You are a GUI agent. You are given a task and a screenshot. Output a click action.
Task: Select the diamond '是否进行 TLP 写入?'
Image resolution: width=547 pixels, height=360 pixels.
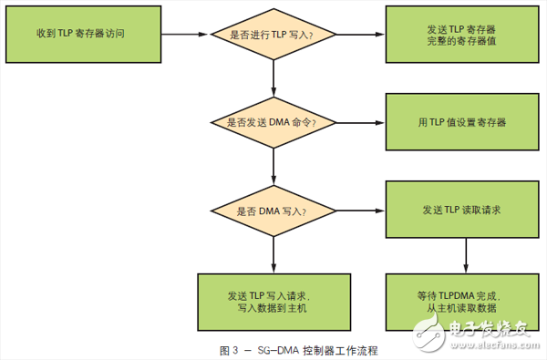tap(273, 36)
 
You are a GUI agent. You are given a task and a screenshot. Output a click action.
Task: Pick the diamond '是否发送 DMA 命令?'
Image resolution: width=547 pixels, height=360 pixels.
tap(273, 122)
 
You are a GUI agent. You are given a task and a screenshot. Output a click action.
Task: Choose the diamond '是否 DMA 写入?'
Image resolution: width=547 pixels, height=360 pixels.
tap(273, 211)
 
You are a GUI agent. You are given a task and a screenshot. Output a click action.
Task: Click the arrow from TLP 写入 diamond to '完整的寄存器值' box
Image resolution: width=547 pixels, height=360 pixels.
tap(360, 36)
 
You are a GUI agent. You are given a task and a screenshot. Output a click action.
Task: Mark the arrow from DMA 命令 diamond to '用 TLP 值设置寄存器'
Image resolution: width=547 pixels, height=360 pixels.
tap(360, 122)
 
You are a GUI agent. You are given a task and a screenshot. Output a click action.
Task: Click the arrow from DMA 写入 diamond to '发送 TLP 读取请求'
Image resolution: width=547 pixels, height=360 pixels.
tap(360, 211)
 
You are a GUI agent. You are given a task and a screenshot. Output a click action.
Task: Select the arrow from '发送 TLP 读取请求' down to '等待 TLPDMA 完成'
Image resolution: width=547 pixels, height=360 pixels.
tap(463, 256)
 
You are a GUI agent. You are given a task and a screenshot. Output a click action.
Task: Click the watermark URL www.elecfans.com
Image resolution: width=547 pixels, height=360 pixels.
tap(502, 345)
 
